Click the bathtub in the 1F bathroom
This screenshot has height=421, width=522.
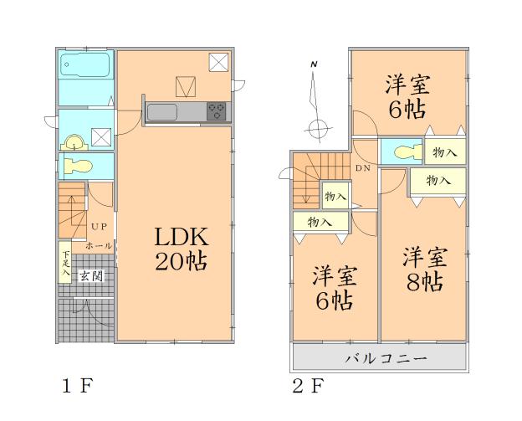coord(86,66)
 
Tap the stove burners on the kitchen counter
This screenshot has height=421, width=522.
coord(217,112)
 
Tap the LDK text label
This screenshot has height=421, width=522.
coord(179,236)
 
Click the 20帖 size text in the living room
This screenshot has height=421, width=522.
coord(179,261)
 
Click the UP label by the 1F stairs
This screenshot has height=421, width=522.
coord(99,227)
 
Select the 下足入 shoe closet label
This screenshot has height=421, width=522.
coord(65,265)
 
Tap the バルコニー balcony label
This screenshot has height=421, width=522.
coord(387,359)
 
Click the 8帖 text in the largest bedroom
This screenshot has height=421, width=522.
coord(421,280)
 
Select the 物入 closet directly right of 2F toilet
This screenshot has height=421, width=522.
coord(444,153)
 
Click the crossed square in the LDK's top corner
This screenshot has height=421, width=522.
coord(218,62)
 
